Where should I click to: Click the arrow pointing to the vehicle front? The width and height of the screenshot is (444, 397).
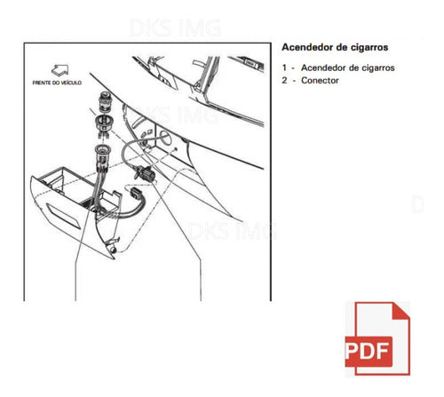click(x=60, y=70)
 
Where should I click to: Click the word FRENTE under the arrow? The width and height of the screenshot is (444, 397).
click(x=42, y=83)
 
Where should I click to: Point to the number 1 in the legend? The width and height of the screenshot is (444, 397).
click(x=284, y=67)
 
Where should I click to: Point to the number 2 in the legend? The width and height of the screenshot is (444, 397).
click(x=284, y=80)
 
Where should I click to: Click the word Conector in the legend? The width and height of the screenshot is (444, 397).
click(x=320, y=80)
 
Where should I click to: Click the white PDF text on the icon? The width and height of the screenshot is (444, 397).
click(x=367, y=351)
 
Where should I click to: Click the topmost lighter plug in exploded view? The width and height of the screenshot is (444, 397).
click(x=104, y=102)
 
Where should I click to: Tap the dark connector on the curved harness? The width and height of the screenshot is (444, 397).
click(x=146, y=173)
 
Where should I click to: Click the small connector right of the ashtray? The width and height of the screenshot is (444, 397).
click(x=136, y=193)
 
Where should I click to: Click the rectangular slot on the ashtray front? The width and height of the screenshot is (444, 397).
click(x=63, y=217)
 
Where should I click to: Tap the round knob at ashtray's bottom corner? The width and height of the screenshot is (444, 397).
click(x=113, y=250)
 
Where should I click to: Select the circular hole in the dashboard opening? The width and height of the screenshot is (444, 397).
click(x=165, y=138)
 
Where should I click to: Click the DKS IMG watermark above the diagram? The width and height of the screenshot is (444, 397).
click(x=175, y=28)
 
